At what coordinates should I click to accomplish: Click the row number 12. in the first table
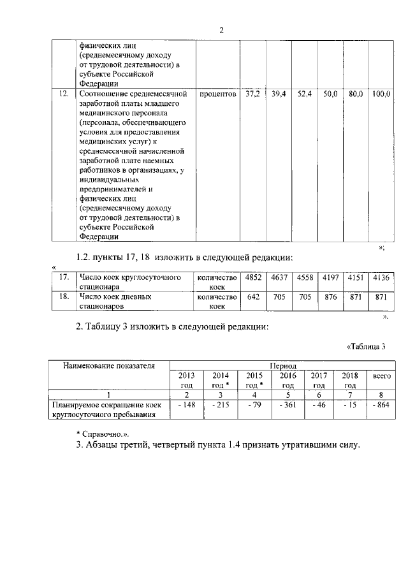63,94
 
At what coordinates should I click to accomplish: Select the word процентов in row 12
217,94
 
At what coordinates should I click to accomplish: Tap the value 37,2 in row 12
252,94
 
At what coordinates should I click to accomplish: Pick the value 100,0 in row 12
381,94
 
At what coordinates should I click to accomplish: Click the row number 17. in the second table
63,277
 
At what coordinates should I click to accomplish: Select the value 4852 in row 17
252,277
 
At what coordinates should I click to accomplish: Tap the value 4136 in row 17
382,277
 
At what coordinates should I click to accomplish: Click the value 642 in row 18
252,296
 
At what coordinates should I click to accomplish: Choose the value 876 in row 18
330,296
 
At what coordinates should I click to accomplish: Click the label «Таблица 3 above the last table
366,347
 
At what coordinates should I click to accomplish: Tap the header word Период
284,367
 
